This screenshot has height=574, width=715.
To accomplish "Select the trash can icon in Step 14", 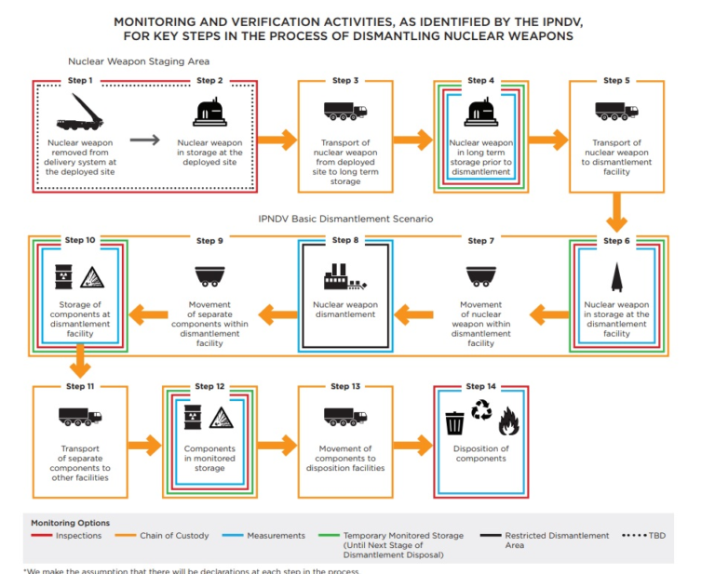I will click(454, 422).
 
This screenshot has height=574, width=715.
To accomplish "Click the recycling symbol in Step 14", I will click(482, 410).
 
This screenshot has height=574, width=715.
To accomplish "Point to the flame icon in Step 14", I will click(509, 423).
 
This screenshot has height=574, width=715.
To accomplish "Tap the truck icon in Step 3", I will click(344, 112).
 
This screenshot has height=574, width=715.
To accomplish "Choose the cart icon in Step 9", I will click(209, 276).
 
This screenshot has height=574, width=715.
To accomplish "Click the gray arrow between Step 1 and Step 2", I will click(144, 140).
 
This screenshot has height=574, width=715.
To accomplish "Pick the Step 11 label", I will click(79, 386).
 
